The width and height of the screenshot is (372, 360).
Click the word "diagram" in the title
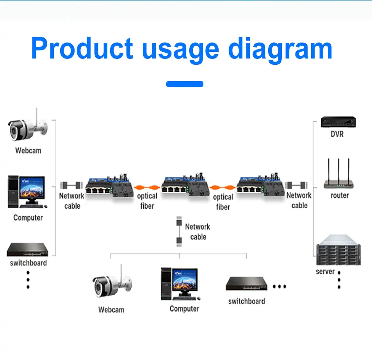(279, 49)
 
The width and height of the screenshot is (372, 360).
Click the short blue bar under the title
(185, 84)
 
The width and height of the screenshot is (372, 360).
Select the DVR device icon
(338, 122)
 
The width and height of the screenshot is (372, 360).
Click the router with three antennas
(339, 175)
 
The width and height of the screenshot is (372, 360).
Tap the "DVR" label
(337, 135)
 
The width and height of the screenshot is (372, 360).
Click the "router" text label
(340, 195)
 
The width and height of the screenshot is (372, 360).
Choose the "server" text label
(325, 271)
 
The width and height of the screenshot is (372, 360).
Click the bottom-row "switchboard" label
(246, 301)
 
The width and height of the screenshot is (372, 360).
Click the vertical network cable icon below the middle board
(179, 232)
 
